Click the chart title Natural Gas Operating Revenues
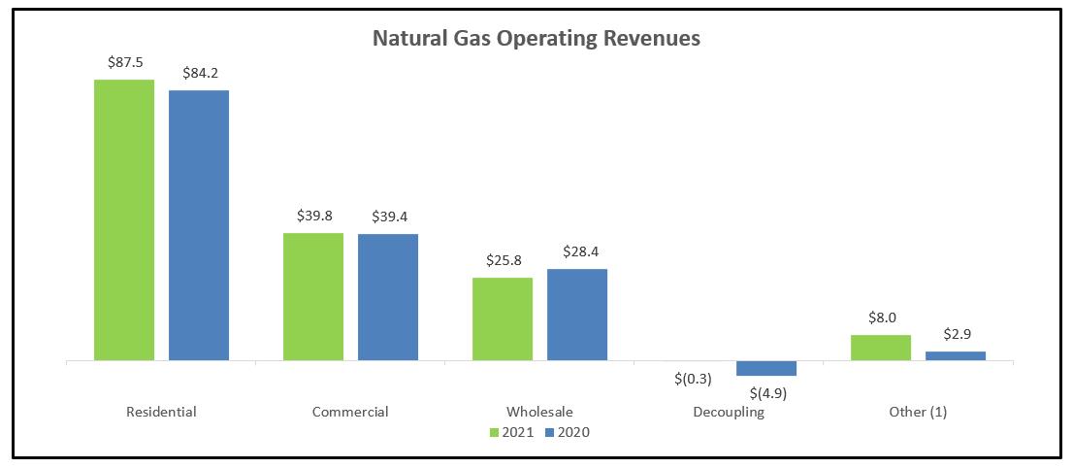pos(536,40)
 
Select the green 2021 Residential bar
pos(123,219)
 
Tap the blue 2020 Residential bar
pos(199,225)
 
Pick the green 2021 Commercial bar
pos(312,296)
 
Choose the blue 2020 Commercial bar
pos(388,297)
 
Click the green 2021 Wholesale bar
pos(503,318)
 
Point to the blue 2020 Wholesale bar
pos(577,315)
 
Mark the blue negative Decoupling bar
pos(766,368)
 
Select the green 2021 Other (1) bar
pos(881,348)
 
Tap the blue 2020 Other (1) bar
pos(956,355)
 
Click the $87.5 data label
pos(124,61)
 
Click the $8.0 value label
pos(881,317)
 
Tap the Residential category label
pos(161,412)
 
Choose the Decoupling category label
pos(729,412)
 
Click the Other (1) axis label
pos(918,412)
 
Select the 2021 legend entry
pos(511,432)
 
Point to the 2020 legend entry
pos(567,432)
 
